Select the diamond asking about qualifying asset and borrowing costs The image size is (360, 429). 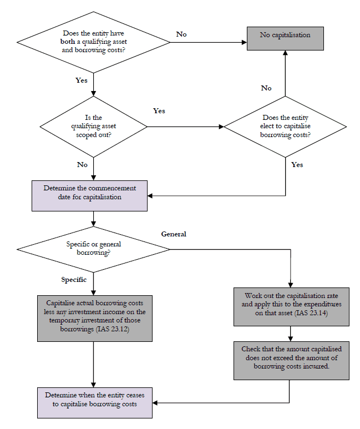point(94,41)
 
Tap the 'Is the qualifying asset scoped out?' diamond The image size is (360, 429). point(94,127)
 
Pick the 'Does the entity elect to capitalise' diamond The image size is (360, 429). point(285,127)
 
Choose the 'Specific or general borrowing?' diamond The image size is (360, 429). point(94,248)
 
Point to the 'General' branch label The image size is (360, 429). point(173,234)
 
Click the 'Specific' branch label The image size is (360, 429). point(75,280)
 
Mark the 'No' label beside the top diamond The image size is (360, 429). point(181,34)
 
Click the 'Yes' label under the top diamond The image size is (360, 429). point(82,80)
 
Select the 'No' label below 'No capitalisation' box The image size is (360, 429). point(266,88)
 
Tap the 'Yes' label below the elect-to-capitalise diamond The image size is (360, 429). point(297,165)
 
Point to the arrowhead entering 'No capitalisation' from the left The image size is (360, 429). point(244,42)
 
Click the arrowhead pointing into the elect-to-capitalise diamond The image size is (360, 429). point(221,127)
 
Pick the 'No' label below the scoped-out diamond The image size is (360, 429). point(82,165)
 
